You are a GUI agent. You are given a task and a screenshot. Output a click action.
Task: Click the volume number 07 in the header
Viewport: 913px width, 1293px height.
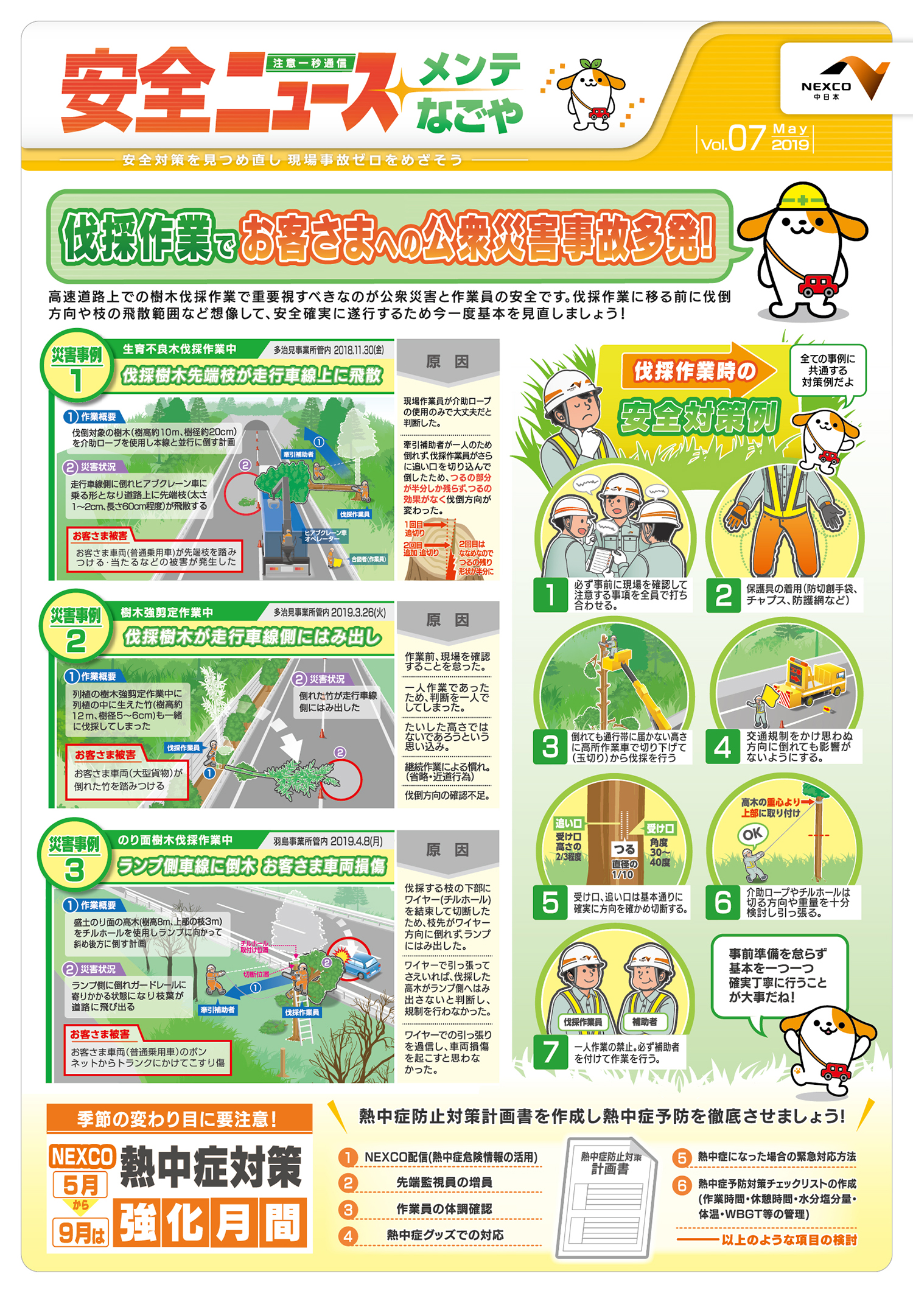click(746, 138)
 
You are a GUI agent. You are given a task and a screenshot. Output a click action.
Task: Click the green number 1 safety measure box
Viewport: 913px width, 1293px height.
click(550, 594)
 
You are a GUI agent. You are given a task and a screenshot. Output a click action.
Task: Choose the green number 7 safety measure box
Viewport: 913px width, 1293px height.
click(550, 1051)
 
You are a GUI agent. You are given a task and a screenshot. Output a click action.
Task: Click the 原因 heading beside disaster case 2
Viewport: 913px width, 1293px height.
click(447, 620)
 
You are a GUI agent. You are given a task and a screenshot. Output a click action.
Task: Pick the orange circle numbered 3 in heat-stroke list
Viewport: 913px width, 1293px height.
click(348, 1209)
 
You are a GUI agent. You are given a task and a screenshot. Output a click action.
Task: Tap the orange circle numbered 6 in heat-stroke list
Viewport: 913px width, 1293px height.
click(682, 1185)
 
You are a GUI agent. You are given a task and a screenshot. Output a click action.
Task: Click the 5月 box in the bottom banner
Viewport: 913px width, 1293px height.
click(81, 1185)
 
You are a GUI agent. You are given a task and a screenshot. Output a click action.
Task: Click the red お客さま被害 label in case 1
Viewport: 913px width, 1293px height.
click(100, 536)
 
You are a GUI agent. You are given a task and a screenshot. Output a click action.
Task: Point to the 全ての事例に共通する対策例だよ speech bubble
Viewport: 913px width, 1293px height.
click(827, 371)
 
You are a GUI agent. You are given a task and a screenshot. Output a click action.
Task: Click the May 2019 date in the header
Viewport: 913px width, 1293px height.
click(790, 137)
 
